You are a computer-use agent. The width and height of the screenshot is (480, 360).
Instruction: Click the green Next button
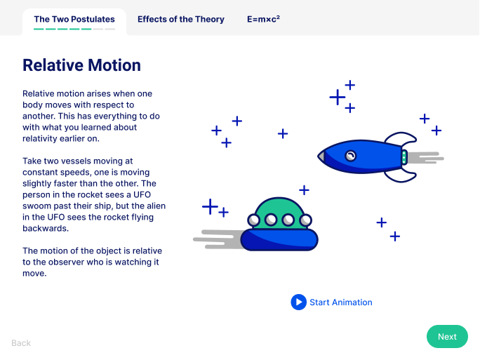(447, 336)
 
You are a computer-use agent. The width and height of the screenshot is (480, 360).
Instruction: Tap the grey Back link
(21, 343)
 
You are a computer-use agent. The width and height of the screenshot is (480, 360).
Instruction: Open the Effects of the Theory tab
(181, 19)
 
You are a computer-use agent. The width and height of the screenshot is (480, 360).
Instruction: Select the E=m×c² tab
(263, 19)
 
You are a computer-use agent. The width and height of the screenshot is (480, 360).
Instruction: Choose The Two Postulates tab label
(74, 19)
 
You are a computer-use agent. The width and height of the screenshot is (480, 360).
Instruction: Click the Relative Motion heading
(81, 65)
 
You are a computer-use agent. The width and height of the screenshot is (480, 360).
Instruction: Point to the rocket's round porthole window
(350, 156)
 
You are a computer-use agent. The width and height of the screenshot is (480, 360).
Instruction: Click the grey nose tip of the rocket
(321, 156)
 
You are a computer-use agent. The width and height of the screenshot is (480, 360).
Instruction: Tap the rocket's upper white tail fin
(401, 138)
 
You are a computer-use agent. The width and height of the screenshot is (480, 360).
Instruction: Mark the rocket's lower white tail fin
(401, 176)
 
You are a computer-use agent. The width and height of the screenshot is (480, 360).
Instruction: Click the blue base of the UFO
(279, 240)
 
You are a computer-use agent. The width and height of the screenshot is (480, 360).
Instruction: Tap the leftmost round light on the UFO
(254, 220)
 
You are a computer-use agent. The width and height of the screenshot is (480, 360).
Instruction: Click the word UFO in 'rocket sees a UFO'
(142, 194)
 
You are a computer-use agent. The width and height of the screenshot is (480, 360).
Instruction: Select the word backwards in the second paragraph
(46, 228)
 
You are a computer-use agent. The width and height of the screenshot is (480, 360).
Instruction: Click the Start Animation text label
(341, 302)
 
